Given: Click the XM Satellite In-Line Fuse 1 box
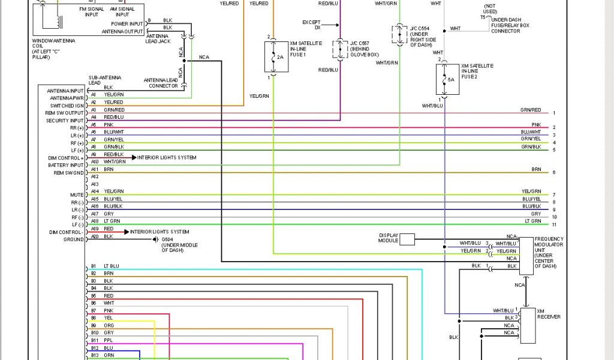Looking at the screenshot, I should (276, 56).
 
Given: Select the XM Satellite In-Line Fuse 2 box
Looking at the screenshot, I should (447, 79).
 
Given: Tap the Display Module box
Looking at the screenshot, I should (407, 239).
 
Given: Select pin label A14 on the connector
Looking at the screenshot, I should (94, 191).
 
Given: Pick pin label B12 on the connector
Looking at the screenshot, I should (94, 347).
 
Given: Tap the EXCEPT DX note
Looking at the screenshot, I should (311, 25).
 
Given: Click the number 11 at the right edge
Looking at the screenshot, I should (554, 224).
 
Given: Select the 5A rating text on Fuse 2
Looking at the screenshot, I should (451, 79).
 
